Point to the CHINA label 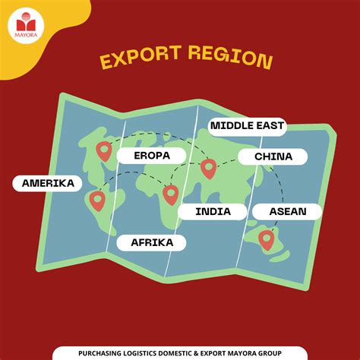(273, 156)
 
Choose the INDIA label (213, 211)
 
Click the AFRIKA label (152, 242)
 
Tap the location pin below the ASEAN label (266, 240)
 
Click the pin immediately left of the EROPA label (104, 152)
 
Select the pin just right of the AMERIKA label (96, 201)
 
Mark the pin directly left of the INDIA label (170, 194)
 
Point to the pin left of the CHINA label (208, 168)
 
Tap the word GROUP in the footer (269, 353)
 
